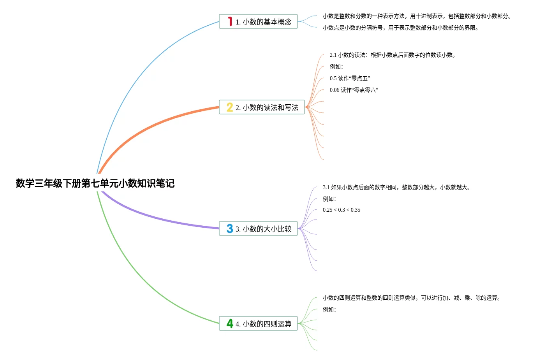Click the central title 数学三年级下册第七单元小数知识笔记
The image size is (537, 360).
pos(95,183)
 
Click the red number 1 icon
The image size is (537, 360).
pos(230,21)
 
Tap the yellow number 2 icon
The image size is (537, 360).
pos(230,107)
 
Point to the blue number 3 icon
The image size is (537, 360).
pos(230,228)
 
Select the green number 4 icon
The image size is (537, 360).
pos(230,323)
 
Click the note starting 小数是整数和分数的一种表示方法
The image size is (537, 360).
pos(417,16)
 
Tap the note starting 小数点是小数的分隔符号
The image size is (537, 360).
pos(400,28)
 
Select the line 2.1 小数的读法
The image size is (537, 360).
pos(393,55)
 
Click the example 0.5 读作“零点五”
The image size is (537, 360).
pos(350,79)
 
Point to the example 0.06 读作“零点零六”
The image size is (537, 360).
pos(354,90)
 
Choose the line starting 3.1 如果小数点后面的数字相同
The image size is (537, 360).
pos(396,188)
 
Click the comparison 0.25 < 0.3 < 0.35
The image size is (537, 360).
pos(342,210)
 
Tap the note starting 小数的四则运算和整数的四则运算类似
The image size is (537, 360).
pos(411,298)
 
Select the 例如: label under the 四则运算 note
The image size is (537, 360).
pos(329,310)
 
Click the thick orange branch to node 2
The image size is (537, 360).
pos(156,124)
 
